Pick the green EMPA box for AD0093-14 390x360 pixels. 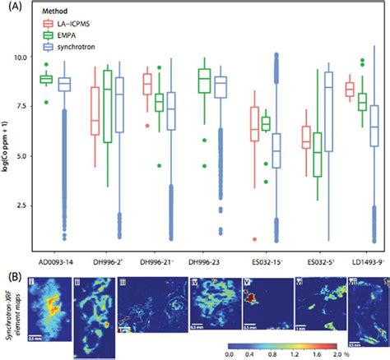click(x=47, y=79)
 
